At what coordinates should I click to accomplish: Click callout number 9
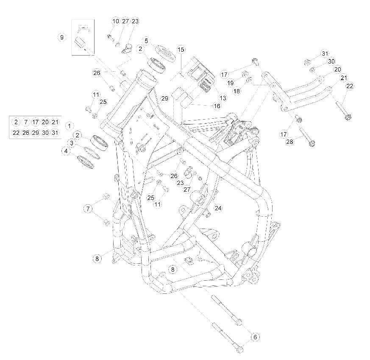[62, 37]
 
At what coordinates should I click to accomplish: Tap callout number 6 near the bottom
[255, 337]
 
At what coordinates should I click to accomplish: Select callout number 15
[181, 50]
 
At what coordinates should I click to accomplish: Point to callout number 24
[218, 208]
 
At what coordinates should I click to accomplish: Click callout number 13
[223, 98]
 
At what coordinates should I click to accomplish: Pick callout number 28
[289, 142]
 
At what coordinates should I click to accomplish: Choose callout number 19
[231, 83]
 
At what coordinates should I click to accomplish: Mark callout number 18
[236, 91]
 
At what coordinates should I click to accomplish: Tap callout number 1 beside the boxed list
[69, 126]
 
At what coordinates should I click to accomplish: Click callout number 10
[116, 21]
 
